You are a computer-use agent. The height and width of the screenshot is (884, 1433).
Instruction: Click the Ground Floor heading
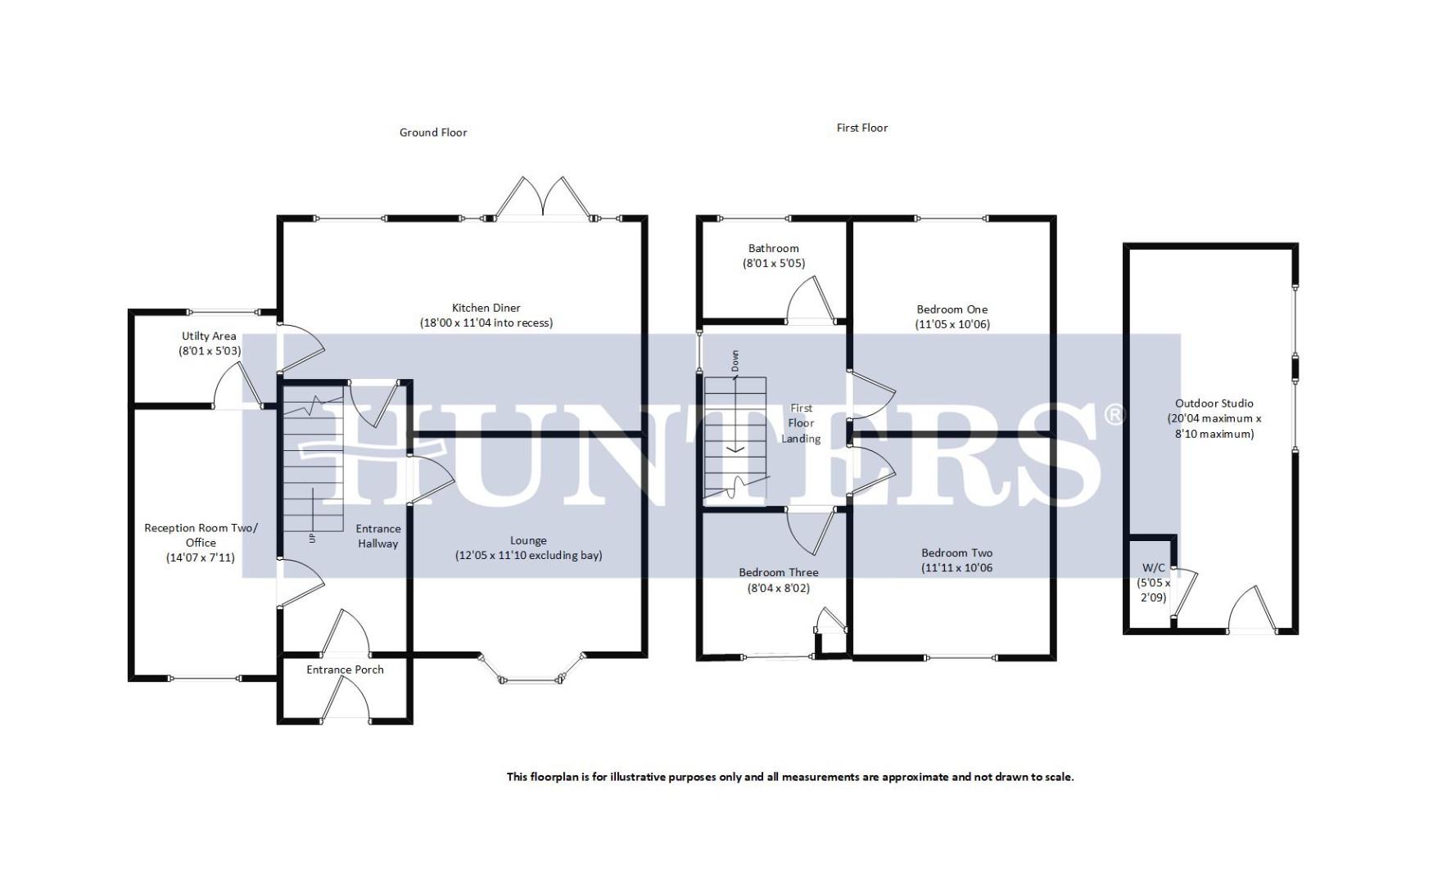pyautogui.click(x=433, y=133)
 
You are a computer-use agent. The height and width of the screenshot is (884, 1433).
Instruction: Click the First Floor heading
pyautogui.click(x=862, y=128)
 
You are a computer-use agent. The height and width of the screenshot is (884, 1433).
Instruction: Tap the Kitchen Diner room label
pyautogui.click(x=486, y=308)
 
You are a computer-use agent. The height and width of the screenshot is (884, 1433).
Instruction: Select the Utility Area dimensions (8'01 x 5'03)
pyautogui.click(x=210, y=351)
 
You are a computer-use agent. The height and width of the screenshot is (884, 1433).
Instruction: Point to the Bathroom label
pyautogui.click(x=773, y=248)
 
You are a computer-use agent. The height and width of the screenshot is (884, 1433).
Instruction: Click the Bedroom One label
pyautogui.click(x=952, y=309)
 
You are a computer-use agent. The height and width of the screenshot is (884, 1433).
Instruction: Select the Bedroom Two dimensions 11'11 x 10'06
pyautogui.click(x=956, y=567)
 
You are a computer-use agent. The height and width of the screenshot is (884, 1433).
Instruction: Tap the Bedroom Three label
pyautogui.click(x=778, y=572)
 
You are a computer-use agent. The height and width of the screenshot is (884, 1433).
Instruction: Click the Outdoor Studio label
pyautogui.click(x=1214, y=403)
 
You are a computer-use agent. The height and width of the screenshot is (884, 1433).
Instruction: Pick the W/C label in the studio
pyautogui.click(x=1153, y=567)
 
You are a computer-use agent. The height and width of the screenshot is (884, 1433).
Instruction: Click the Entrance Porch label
pyautogui.click(x=345, y=670)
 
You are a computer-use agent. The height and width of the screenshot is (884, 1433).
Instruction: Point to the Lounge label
pyautogui.click(x=528, y=540)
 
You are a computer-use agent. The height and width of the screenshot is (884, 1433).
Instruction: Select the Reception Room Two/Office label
pyautogui.click(x=201, y=535)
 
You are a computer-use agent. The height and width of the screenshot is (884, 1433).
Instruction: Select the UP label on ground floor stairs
pyautogui.click(x=312, y=538)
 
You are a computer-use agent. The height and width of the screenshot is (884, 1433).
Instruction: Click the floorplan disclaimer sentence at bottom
pyautogui.click(x=789, y=777)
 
